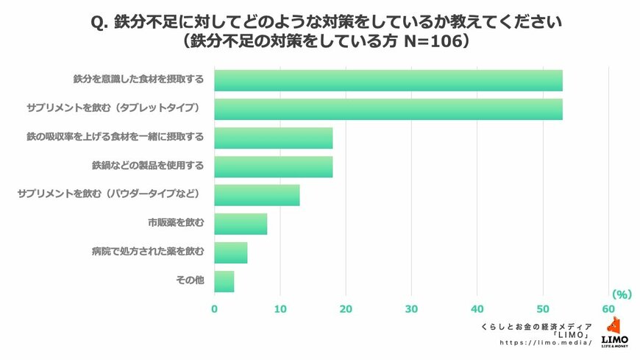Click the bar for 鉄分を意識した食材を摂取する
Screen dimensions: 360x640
[x=388, y=80]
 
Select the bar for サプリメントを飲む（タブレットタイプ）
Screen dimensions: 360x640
[x=388, y=109]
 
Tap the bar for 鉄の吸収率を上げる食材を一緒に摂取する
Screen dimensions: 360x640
[x=274, y=138]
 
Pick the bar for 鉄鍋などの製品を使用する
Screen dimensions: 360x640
[x=274, y=166]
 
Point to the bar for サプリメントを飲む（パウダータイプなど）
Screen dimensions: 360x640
[x=257, y=195]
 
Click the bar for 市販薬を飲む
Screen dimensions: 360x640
[x=241, y=224]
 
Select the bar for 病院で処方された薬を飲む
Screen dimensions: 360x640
[x=231, y=253]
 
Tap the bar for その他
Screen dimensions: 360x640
[x=224, y=281]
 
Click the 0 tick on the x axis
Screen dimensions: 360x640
[x=215, y=308]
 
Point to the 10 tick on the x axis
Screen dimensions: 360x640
[x=280, y=308]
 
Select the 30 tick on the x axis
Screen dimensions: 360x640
[x=411, y=308]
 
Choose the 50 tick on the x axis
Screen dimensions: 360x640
[x=543, y=308]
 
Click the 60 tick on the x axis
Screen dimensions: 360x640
[x=608, y=308]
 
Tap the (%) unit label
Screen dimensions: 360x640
[x=622, y=294]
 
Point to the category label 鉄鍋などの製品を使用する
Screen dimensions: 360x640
[x=148, y=166]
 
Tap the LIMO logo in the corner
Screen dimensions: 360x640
[x=614, y=332]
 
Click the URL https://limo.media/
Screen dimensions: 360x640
[x=547, y=342]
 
